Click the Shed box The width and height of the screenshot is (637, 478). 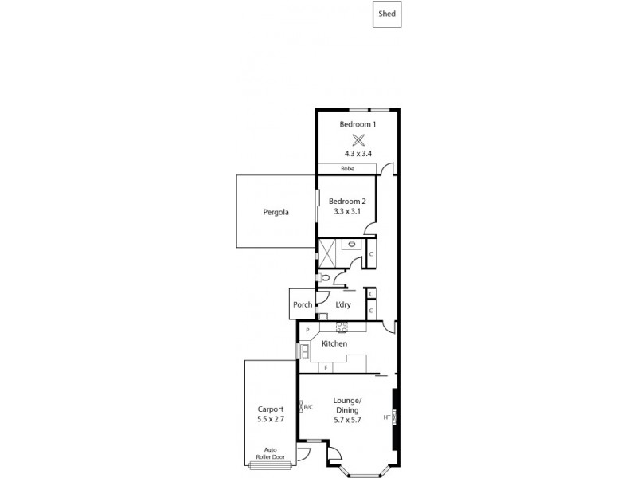click(387, 14)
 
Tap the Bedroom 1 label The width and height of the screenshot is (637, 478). click(358, 124)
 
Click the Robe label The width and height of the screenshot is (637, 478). click(347, 169)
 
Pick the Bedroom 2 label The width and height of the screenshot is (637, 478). click(347, 202)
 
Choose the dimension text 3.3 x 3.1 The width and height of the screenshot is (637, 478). click(347, 212)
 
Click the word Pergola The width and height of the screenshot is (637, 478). click(276, 213)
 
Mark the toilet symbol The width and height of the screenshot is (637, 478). click(324, 278)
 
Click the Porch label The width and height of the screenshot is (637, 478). click(303, 304)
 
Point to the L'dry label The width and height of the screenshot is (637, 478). click(343, 304)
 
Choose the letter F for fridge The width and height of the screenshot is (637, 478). click(326, 366)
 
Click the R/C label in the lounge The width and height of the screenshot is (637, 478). click(307, 408)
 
